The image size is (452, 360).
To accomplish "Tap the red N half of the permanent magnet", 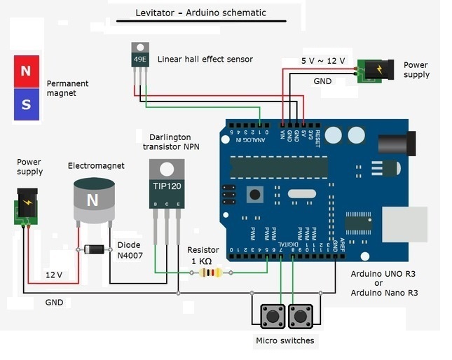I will pos(26,71).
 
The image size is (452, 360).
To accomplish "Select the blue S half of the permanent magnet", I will pos(26,104).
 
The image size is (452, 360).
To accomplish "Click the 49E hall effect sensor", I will pos(141,56).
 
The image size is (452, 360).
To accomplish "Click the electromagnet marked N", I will pos(93,199).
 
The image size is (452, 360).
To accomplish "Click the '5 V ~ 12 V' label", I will pos(323,61).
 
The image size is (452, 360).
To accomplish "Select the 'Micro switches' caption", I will pos(285,341).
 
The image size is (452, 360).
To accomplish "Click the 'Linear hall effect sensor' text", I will pos(205,59).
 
